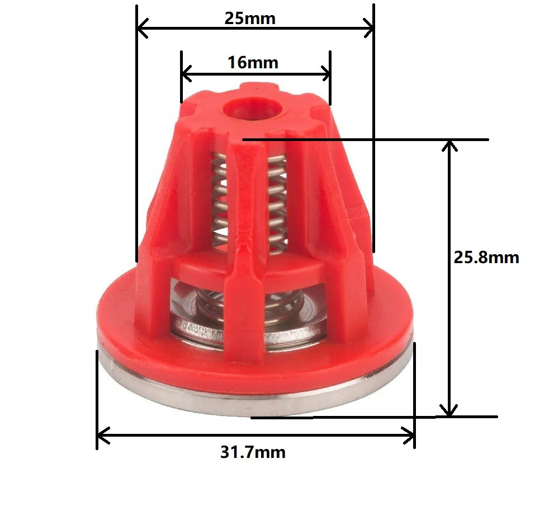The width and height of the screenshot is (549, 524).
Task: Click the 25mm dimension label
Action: point(250,18)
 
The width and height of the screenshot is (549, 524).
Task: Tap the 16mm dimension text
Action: point(253,63)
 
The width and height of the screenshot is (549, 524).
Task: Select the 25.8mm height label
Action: point(486,258)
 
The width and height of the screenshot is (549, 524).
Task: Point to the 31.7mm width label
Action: point(253,452)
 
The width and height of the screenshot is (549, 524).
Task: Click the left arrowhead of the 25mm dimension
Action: point(142,27)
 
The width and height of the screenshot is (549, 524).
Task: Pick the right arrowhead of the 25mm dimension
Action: point(368,27)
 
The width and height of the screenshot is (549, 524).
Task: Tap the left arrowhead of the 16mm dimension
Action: point(186,74)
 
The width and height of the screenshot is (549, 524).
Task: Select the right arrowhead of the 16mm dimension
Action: point(325,74)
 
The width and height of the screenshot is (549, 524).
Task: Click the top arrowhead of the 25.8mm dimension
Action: point(449,146)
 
